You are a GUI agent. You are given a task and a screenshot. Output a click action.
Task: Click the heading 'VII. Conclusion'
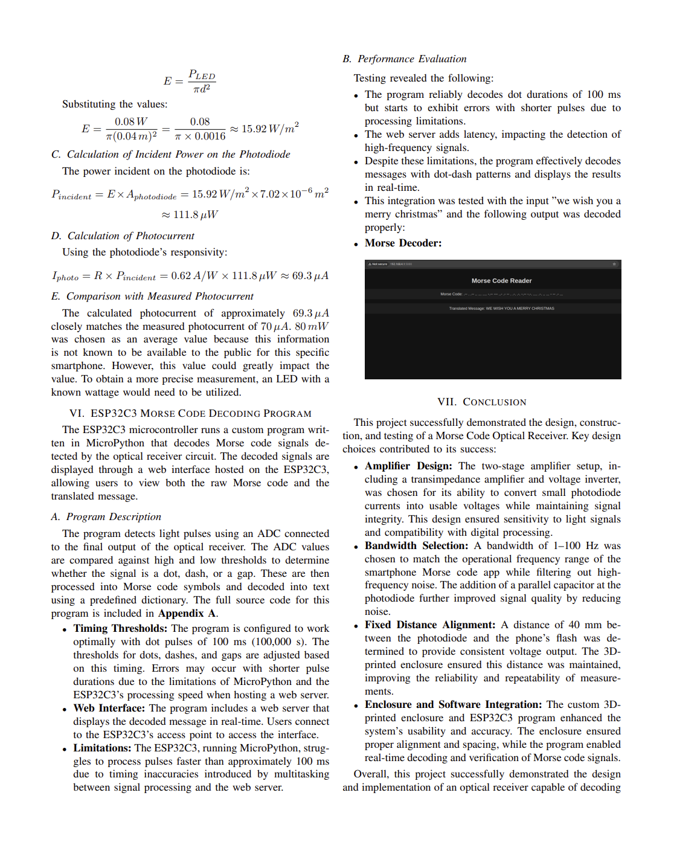click(x=481, y=402)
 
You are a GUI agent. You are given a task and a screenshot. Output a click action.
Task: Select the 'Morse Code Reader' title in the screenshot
click(x=501, y=281)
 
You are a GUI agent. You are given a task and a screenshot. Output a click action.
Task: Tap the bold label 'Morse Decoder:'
click(x=403, y=243)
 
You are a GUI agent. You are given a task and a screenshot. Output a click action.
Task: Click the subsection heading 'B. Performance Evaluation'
click(x=404, y=59)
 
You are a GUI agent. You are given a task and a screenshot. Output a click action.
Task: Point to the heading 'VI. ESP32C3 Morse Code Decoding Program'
click(x=190, y=414)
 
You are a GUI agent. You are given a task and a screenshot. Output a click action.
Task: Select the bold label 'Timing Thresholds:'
click(x=120, y=629)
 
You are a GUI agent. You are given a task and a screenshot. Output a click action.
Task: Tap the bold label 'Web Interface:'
click(x=109, y=709)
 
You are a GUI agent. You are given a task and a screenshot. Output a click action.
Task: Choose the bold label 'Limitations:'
click(x=102, y=748)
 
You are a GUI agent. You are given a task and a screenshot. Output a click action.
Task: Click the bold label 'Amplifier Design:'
click(x=408, y=466)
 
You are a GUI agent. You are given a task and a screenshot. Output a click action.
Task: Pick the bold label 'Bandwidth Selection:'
click(x=416, y=546)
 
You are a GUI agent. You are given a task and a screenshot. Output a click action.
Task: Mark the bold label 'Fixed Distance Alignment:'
click(x=430, y=625)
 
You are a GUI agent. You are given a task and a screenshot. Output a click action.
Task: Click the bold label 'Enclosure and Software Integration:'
click(x=453, y=705)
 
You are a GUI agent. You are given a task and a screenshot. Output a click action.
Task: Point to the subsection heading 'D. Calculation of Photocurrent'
click(x=123, y=236)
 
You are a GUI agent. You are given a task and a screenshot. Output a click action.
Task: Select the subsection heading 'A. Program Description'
click(x=106, y=517)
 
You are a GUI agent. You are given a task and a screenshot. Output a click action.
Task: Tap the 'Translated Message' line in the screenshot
click(x=501, y=309)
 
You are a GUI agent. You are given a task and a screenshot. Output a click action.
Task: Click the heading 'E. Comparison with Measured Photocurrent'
click(x=152, y=297)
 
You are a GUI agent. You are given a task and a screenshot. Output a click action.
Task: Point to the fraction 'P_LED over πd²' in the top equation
click(x=202, y=82)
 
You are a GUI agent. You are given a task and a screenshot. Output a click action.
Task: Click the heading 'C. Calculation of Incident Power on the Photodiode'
click(x=170, y=155)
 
